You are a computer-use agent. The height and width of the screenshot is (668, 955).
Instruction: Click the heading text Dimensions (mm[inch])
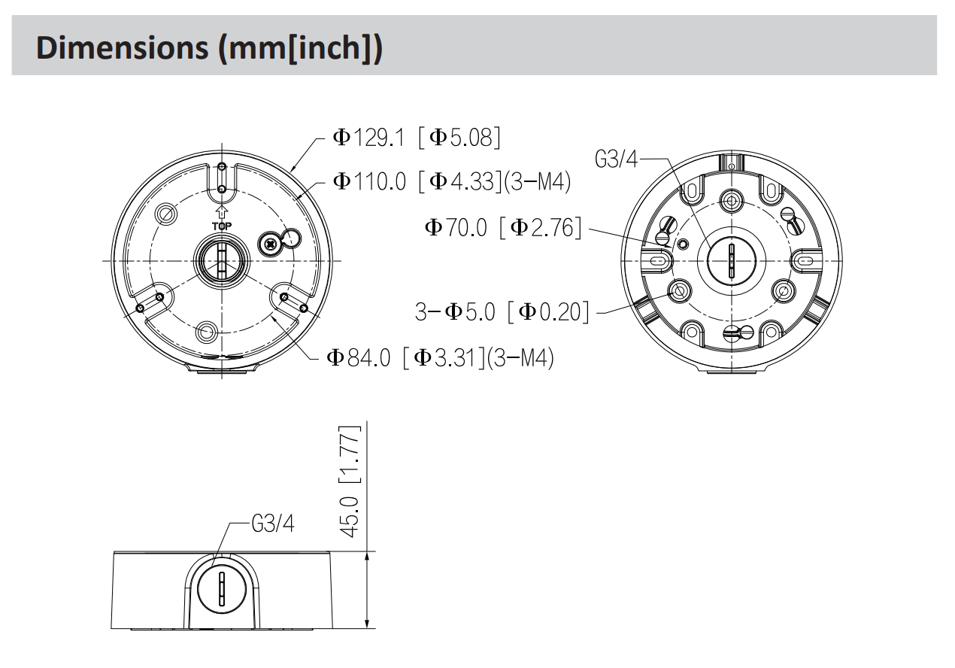[208, 47]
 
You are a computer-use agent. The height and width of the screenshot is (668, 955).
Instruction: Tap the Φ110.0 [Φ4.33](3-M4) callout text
[451, 181]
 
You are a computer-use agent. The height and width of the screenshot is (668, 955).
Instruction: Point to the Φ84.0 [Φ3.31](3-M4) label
[441, 357]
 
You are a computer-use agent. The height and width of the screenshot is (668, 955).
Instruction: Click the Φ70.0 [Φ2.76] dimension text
[503, 227]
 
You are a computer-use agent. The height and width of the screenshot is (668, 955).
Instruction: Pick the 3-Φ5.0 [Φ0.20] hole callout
[502, 311]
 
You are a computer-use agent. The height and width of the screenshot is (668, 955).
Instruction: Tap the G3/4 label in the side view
[273, 524]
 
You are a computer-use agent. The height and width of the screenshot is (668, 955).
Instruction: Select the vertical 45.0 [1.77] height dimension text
[348, 481]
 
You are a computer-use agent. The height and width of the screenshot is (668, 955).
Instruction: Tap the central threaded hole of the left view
[222, 260]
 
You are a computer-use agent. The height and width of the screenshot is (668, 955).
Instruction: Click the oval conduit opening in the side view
[222, 588]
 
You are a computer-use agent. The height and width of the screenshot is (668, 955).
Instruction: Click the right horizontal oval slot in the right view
[804, 260]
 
